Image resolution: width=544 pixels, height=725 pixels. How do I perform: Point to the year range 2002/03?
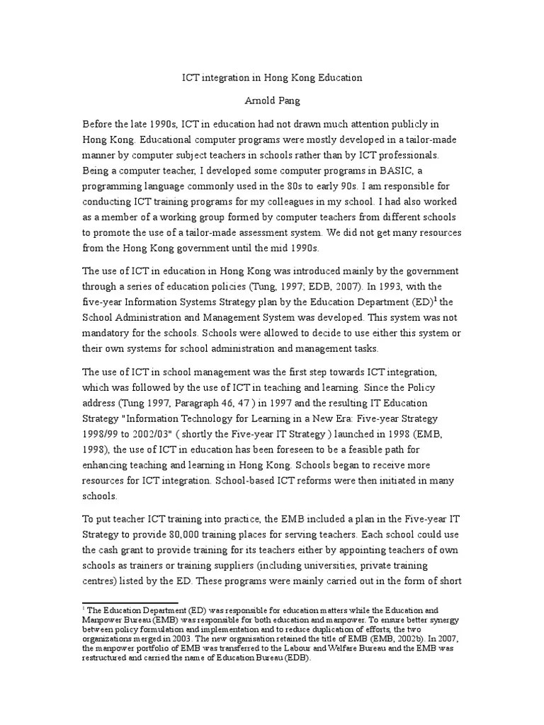(149, 434)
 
